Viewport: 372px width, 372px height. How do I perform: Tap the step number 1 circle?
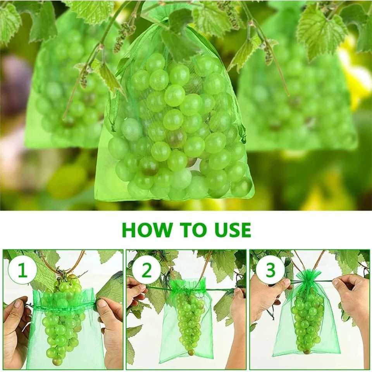click(x=22, y=270)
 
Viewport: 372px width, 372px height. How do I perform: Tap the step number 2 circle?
click(x=146, y=270)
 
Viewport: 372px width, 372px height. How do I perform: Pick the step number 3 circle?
click(x=270, y=270)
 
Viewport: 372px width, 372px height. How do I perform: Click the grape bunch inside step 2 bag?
click(x=190, y=322)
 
